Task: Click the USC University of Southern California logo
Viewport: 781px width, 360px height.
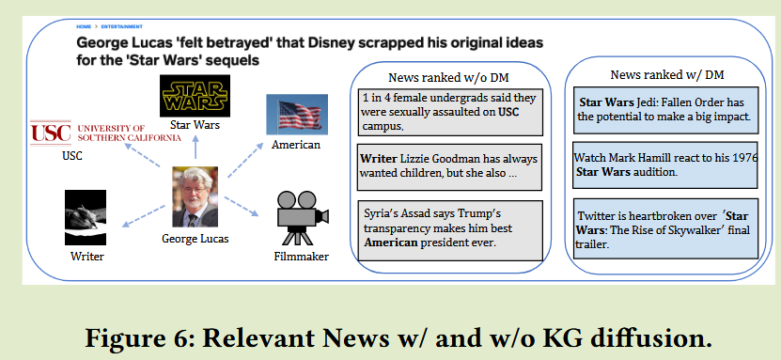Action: coord(105,133)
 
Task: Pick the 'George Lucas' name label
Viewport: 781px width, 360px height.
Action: coord(195,239)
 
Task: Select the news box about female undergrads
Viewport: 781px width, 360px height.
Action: coord(451,111)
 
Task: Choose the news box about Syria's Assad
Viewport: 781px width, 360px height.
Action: coord(451,229)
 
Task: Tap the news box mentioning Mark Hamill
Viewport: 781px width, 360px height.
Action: coord(664,165)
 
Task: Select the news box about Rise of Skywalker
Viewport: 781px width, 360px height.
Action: coord(664,229)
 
